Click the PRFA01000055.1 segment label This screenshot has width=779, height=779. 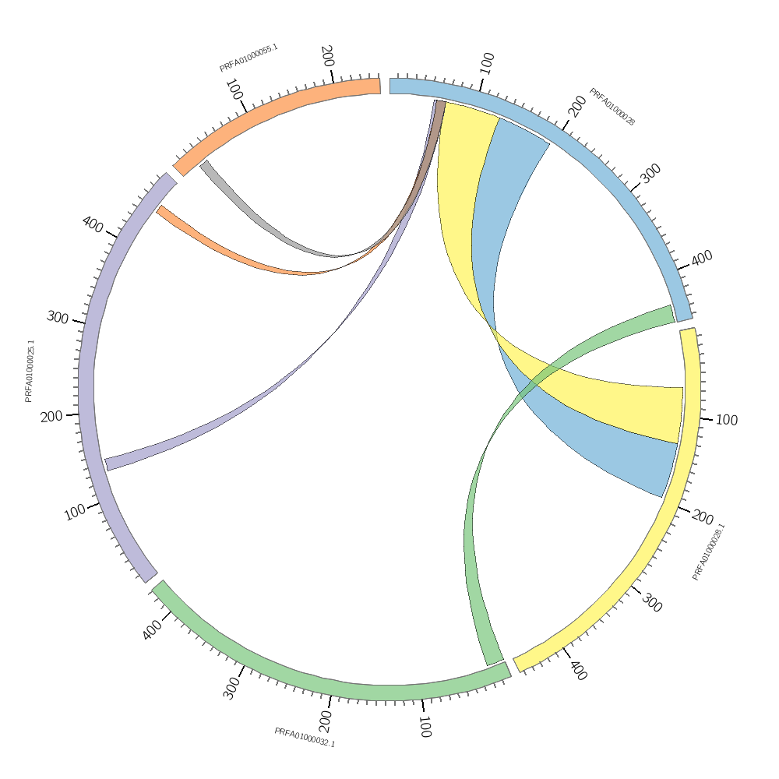click(x=249, y=58)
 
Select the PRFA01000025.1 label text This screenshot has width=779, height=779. click(x=29, y=371)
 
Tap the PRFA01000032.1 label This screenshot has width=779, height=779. click(x=305, y=737)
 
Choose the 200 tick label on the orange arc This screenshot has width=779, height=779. click(x=327, y=55)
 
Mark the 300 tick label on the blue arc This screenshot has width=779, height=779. click(x=650, y=174)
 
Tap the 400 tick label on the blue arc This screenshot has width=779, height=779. click(x=702, y=258)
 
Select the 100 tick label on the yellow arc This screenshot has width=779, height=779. click(x=726, y=420)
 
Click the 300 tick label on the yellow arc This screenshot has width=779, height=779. click(x=652, y=602)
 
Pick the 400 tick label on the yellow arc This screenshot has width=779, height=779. click(x=577, y=670)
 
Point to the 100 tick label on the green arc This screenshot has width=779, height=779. click(x=425, y=728)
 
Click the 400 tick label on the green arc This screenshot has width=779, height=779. click(x=153, y=629)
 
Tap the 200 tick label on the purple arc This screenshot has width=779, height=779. click(x=51, y=417)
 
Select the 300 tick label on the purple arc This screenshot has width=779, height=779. click(x=58, y=317)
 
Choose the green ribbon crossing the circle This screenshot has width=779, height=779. click(x=471, y=545)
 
